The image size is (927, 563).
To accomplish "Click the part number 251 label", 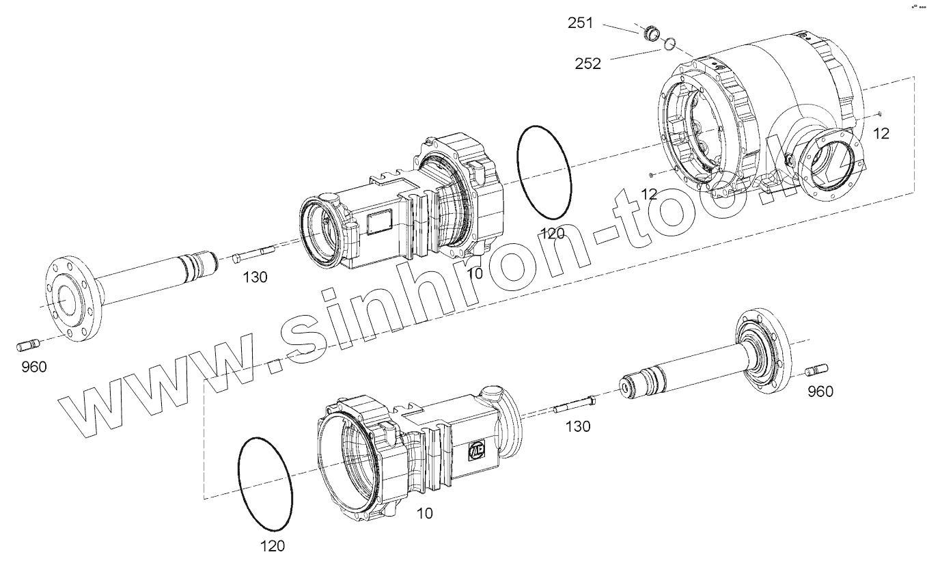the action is [x=580, y=23].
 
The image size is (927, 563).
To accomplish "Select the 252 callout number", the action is [x=587, y=64].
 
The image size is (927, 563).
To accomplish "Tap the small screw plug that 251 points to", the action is [x=652, y=33].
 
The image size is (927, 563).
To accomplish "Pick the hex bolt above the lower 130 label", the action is [x=575, y=404].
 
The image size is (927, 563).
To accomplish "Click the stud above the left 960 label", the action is [x=28, y=345].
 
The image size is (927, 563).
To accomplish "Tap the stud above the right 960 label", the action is [x=816, y=370].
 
